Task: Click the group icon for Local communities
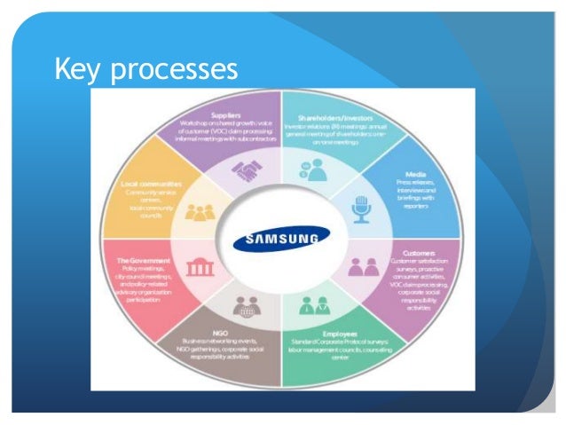tap(199, 214)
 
